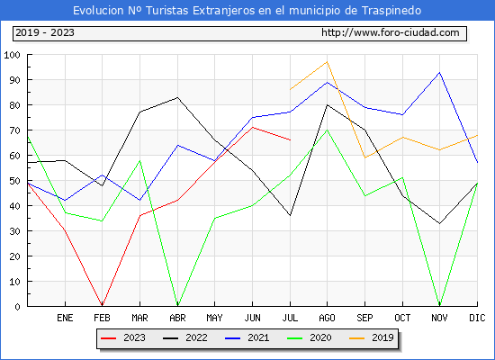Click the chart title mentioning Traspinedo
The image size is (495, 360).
click(x=247, y=11)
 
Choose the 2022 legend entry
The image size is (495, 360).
click(x=185, y=337)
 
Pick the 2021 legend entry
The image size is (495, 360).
click(x=247, y=337)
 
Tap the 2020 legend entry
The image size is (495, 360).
click(x=310, y=337)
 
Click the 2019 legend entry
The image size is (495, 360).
click(x=372, y=337)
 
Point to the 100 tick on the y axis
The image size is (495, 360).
click(x=12, y=55)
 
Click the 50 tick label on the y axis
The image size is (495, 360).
click(x=14, y=181)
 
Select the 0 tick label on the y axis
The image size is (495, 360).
click(x=17, y=307)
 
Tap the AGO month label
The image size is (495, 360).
click(x=327, y=318)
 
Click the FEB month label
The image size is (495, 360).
click(x=102, y=318)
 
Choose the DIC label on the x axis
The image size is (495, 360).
click(x=477, y=318)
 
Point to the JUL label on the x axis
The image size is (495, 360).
click(x=290, y=318)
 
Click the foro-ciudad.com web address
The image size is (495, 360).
click(x=391, y=32)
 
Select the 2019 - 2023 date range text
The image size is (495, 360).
click(x=45, y=32)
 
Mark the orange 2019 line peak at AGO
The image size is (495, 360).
click(x=328, y=62)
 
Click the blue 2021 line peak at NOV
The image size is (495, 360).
click(x=439, y=73)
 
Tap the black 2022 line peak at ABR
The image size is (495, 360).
click(x=177, y=97)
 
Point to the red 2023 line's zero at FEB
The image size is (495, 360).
click(x=102, y=305)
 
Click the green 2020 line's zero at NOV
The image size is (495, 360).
click(x=439, y=305)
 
